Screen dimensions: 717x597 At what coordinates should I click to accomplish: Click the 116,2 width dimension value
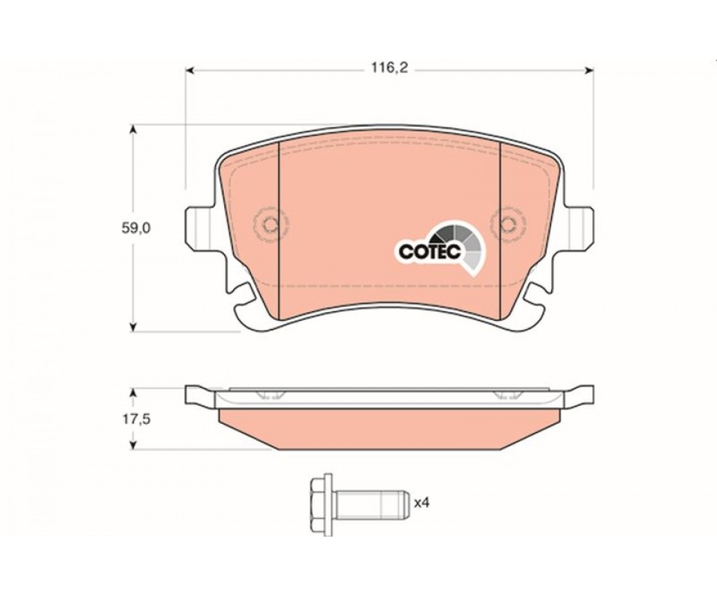click(388, 69)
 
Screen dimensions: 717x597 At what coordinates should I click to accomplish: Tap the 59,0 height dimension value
click(136, 228)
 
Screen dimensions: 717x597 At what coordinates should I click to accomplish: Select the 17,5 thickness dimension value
click(135, 419)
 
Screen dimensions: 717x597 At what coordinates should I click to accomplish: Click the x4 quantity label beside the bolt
click(422, 503)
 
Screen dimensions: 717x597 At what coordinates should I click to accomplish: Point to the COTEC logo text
click(429, 251)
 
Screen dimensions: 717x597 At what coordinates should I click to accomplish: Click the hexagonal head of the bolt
click(320, 504)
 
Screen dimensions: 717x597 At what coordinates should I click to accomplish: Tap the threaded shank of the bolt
click(370, 504)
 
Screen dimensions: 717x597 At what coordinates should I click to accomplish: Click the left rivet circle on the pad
click(270, 224)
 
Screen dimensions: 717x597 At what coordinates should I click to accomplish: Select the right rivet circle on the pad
click(507, 224)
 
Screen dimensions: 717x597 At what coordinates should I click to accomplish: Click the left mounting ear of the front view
click(199, 228)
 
